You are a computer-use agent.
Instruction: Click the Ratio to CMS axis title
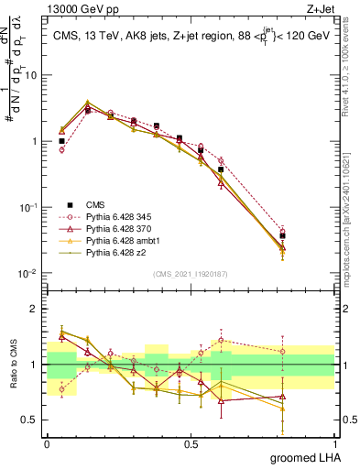[x=13, y=365]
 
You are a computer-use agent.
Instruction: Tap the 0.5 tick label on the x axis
[x=191, y=442]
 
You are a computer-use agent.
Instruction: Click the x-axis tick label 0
[x=47, y=442]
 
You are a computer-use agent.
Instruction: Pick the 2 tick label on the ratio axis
[x=35, y=309]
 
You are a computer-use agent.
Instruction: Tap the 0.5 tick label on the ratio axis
[x=31, y=420]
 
